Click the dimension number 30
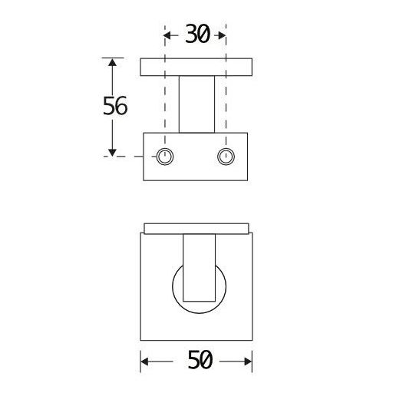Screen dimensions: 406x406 coord(196,35)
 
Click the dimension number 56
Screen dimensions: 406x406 coord(115,107)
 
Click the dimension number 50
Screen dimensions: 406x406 coord(199,361)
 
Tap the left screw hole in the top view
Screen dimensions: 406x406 coord(165,157)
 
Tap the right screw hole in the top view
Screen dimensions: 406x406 coord(225,157)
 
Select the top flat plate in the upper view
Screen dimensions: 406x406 coord(196,68)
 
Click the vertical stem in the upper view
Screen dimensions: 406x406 coord(196,104)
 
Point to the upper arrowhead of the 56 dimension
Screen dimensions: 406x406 coord(113,64)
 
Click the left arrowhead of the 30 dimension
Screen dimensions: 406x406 coord(170,35)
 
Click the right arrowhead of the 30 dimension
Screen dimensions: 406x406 coord(221,35)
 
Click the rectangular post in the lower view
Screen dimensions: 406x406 coord(200,269)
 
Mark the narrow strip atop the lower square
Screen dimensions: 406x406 coord(196,228)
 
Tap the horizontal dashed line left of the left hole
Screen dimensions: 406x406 coord(127,157)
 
